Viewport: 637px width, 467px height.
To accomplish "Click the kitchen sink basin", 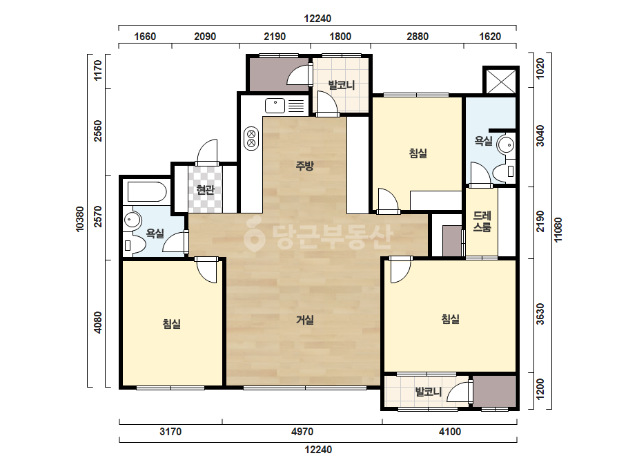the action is tap(275, 106).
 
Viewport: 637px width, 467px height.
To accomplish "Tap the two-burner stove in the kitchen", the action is tap(251, 138).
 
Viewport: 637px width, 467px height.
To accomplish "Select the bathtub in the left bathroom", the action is tap(147, 192).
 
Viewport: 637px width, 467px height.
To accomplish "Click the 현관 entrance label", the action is tap(205, 189).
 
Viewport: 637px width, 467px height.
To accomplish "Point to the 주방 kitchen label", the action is tap(304, 166).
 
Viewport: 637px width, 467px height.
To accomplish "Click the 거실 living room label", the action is tap(304, 320).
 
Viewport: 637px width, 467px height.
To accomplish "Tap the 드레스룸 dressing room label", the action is tap(482, 221).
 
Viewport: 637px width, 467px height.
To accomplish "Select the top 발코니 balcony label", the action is tap(342, 86).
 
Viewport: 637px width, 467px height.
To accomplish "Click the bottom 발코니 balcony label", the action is tap(428, 392).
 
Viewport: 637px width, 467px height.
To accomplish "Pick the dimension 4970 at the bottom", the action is tap(302, 431).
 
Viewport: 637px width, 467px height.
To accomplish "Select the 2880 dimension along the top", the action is tap(418, 37).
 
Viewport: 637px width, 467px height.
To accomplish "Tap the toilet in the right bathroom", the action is tap(504, 171).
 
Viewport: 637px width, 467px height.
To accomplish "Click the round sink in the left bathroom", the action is tap(132, 220).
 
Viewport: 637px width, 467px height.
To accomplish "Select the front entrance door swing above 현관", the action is tap(207, 151).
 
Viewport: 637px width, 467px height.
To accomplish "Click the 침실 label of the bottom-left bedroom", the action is tap(171, 324).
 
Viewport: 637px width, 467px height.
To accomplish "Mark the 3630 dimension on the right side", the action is tap(540, 314).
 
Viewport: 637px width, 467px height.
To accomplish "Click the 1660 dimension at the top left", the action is tap(145, 37).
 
